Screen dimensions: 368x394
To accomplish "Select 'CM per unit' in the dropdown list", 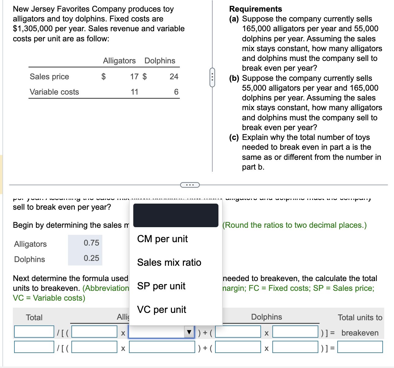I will coord(162,239).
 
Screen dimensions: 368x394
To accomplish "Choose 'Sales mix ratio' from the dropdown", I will coord(169,262).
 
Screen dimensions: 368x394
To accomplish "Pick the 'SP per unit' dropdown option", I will coord(161,286).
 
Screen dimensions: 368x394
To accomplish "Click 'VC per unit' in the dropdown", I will coord(161,310).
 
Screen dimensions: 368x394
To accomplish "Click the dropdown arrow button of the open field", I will coord(189,332).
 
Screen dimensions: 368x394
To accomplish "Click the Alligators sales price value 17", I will coord(134,77).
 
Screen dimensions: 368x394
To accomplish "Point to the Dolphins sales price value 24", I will coord(174,77).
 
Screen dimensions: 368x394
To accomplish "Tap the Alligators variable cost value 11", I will coord(134,92).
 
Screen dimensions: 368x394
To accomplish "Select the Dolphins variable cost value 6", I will coord(176,92).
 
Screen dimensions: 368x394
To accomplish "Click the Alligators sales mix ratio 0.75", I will coord(91,243).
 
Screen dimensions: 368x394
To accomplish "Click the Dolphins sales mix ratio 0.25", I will coord(91,258).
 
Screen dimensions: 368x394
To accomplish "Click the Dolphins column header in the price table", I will coord(160,61).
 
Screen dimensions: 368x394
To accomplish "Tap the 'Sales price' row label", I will coord(49,77).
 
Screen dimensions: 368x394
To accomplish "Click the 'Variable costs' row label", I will coord(54,92).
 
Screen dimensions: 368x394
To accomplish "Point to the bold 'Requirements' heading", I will coord(256,9).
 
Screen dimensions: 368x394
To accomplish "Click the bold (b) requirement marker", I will coord(234,78).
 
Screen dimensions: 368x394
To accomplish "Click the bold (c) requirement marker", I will coord(234,137).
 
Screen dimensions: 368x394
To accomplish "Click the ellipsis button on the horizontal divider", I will coord(190,185).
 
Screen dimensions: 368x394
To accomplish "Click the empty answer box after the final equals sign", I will coord(360,347).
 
